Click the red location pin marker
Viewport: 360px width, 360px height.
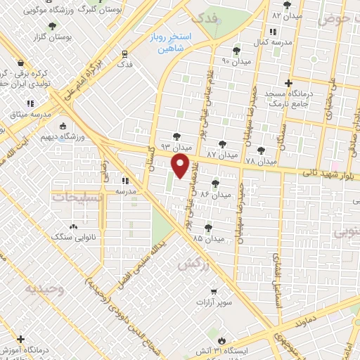pyautogui.click(x=181, y=166)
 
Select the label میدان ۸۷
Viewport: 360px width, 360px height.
pyautogui.click(x=221, y=153)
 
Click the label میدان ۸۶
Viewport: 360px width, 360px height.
pyautogui.click(x=215, y=193)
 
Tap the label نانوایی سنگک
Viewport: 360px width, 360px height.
pyautogui.click(x=74, y=238)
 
